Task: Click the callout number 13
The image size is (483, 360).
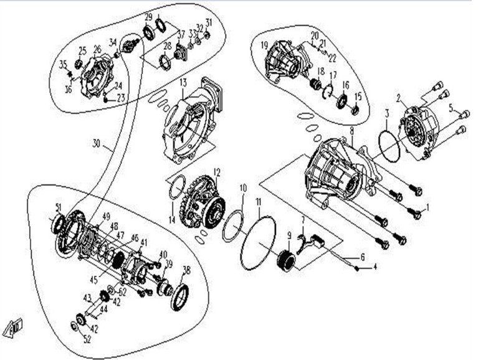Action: (x=183, y=83)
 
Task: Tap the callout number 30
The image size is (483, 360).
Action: (x=96, y=143)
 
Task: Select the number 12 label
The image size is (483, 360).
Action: (x=217, y=171)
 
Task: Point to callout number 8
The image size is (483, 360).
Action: (x=351, y=131)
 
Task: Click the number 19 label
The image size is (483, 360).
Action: (x=264, y=45)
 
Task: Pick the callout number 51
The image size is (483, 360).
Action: (x=59, y=207)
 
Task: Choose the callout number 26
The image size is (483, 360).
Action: (x=97, y=49)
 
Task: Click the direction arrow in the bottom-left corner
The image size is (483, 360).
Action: (x=14, y=326)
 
